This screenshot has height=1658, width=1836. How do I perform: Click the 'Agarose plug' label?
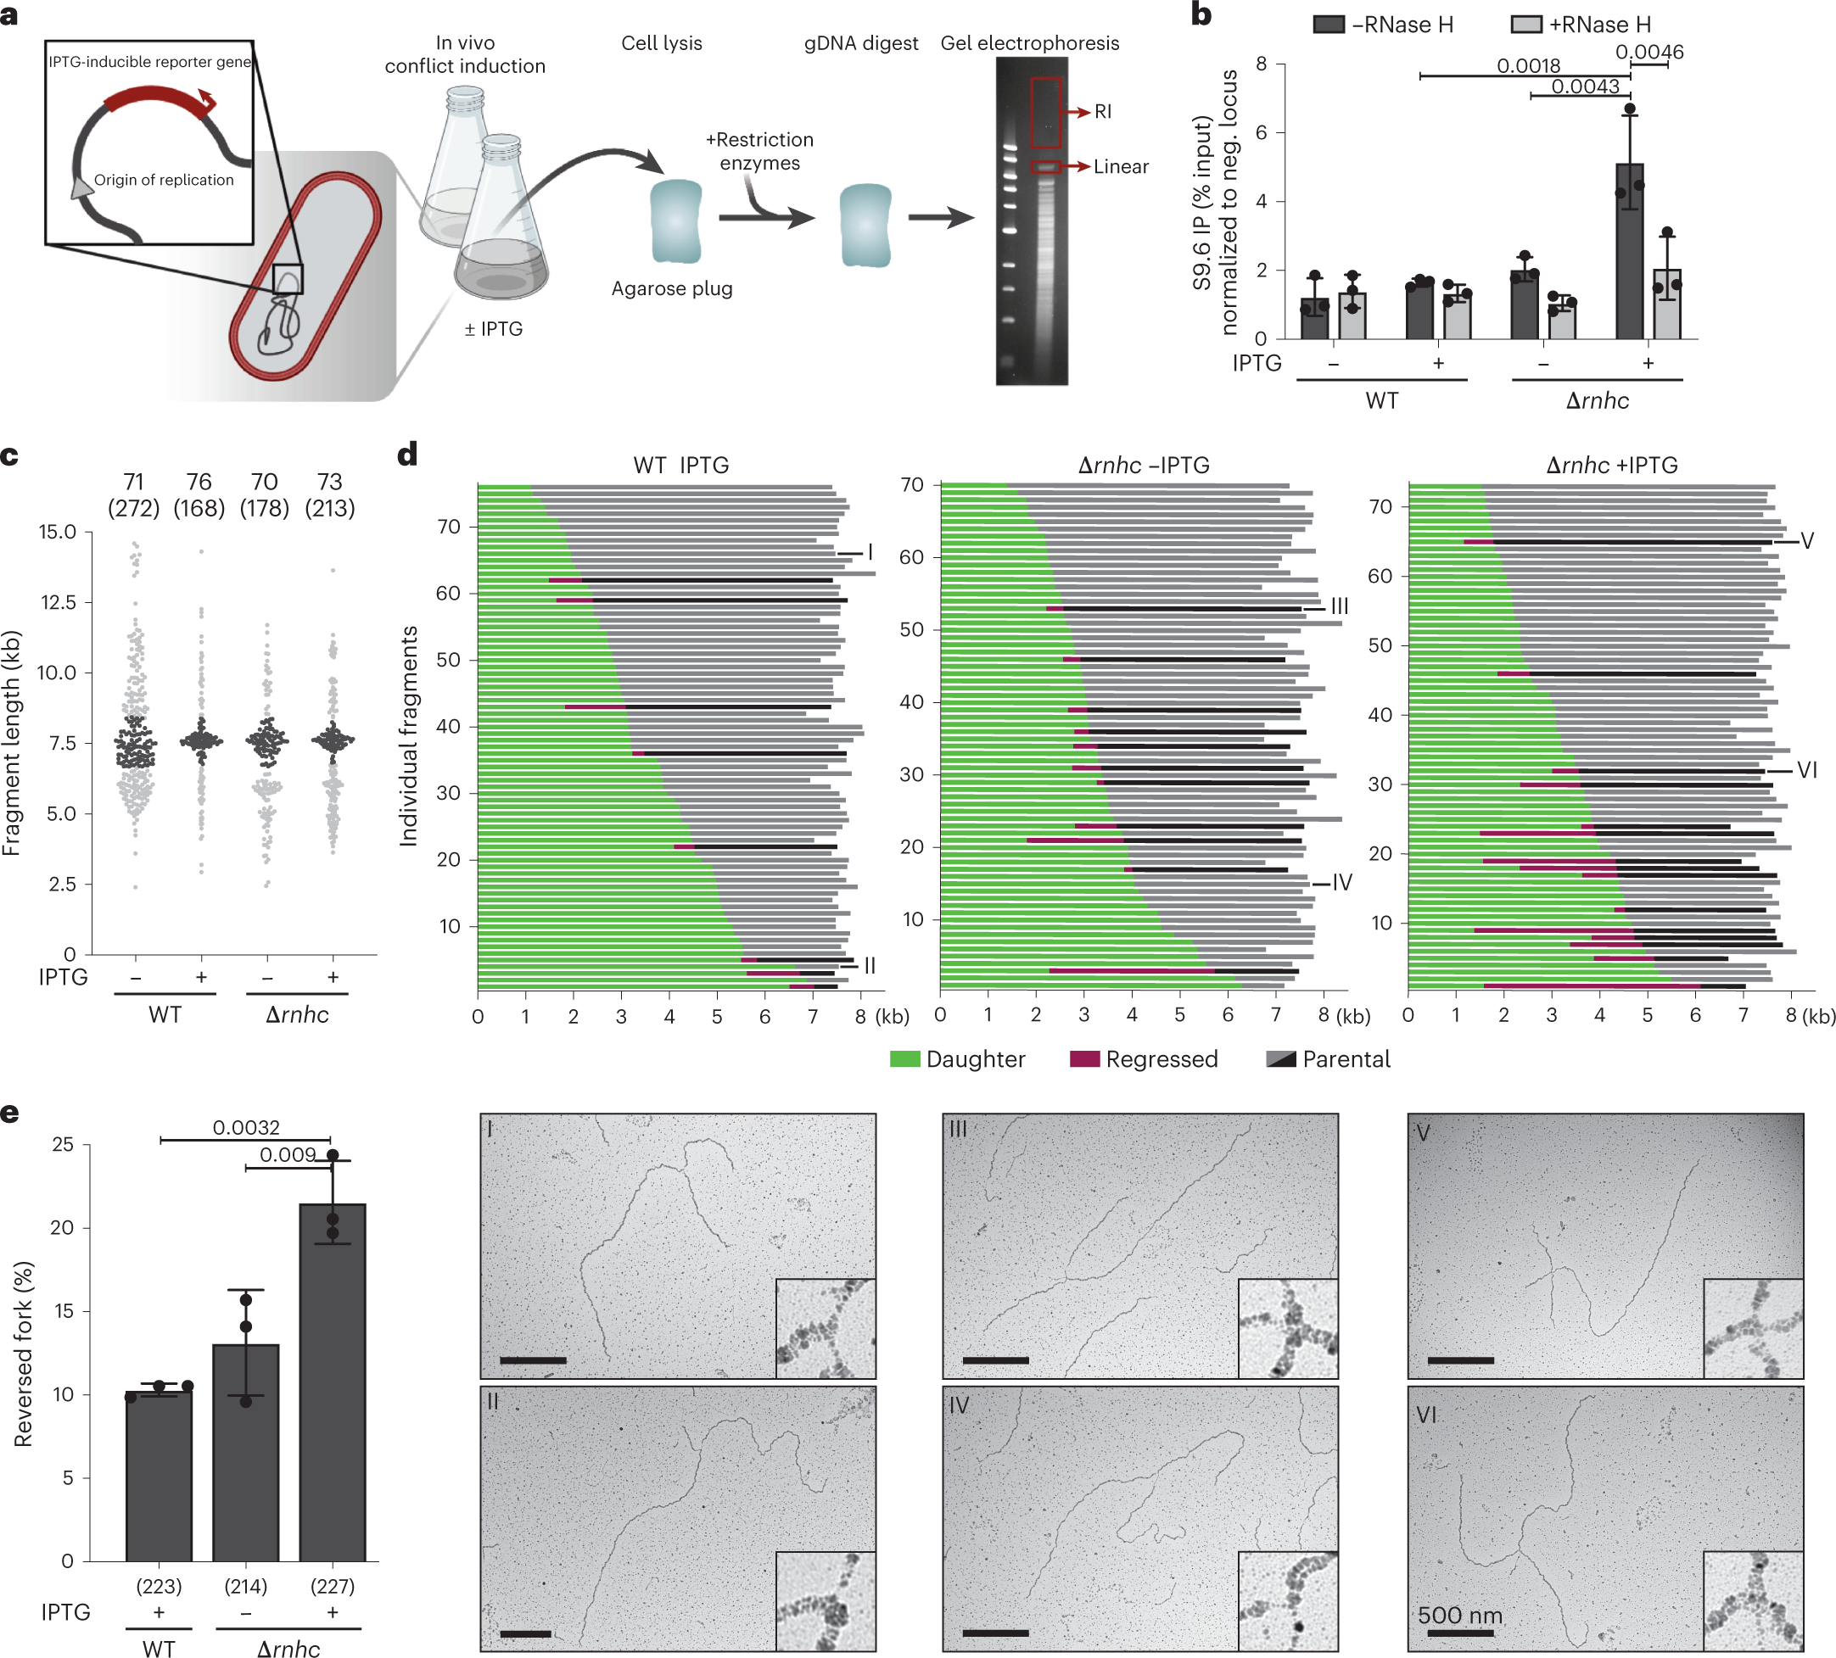671,288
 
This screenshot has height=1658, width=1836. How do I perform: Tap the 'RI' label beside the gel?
1102,112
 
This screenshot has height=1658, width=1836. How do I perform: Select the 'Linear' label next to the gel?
1120,166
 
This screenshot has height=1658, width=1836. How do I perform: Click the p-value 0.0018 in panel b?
1528,65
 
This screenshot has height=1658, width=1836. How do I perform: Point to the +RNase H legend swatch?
1525,25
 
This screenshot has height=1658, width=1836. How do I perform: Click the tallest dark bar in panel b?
1629,250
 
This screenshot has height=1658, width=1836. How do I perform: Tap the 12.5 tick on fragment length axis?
58,602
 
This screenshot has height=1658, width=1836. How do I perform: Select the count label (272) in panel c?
134,508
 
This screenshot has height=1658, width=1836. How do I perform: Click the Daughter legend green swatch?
904,1059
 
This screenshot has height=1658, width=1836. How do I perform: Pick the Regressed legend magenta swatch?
1083,1059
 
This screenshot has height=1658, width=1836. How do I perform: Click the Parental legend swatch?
1281,1059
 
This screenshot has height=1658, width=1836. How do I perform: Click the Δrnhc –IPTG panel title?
1143,466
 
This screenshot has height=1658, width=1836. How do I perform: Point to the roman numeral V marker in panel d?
1807,541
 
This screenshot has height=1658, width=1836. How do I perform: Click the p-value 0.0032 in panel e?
246,1127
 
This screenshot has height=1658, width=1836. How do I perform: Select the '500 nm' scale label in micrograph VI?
1460,1616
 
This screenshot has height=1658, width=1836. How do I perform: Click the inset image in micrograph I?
826,1327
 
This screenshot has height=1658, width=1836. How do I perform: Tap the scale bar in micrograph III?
994,1360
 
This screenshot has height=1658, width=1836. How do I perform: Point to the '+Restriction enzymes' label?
759,151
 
